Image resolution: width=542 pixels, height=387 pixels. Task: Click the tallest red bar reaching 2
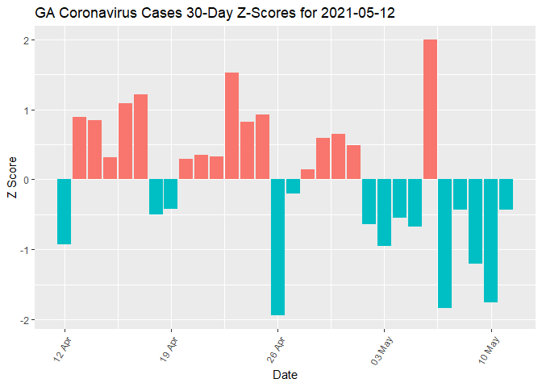point(430,109)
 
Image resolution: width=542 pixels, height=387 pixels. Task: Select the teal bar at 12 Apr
point(64,211)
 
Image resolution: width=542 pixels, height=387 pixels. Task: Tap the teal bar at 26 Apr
point(277,247)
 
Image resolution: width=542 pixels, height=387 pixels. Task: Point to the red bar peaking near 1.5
point(231,126)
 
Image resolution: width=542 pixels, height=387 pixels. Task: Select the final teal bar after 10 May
point(506,194)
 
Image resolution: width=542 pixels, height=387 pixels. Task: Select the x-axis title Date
point(286,375)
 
